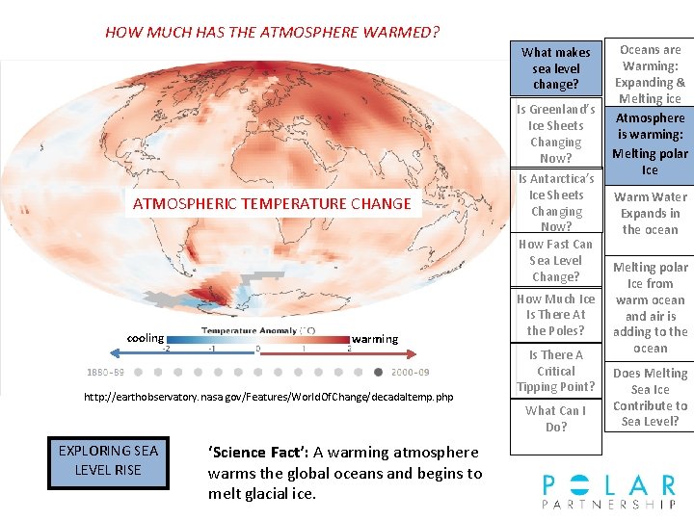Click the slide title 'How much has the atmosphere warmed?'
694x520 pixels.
(272, 32)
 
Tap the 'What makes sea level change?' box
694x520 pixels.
(556, 68)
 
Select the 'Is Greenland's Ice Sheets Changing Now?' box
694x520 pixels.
(556, 134)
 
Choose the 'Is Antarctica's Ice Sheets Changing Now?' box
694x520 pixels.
(556, 202)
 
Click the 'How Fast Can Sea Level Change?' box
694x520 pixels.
(556, 260)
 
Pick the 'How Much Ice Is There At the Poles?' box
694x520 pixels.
(556, 315)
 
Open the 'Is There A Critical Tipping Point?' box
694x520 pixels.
(556, 371)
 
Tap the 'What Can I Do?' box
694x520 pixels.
(556, 418)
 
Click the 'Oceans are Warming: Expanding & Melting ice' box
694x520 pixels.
(650, 73)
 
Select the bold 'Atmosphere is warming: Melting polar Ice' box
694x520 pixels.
(650, 144)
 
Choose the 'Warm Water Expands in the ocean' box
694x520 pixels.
(650, 213)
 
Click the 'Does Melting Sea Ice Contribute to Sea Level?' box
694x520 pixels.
(650, 397)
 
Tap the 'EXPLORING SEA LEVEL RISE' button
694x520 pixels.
(108, 461)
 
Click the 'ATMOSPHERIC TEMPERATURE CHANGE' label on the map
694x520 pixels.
(272, 203)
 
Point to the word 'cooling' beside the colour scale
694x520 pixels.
(146, 338)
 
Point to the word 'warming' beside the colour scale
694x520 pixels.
(375, 339)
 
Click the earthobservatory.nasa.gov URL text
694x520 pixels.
(269, 397)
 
